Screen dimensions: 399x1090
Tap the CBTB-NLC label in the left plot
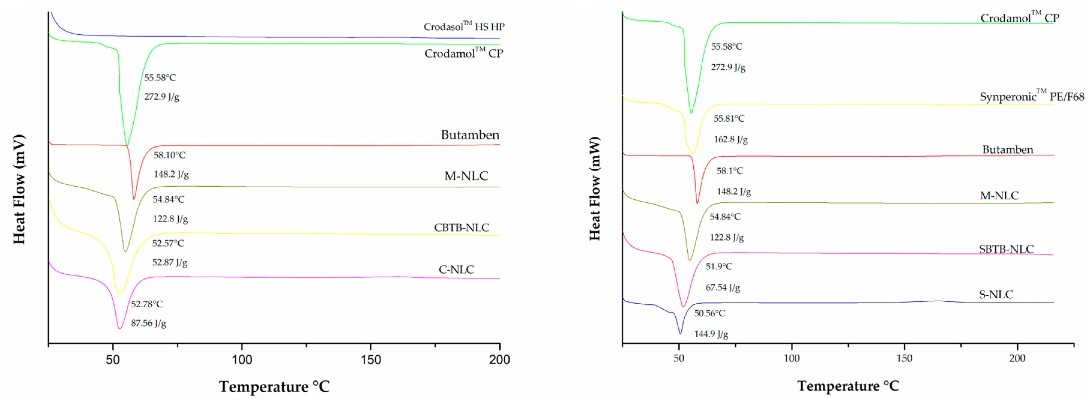tap(461, 227)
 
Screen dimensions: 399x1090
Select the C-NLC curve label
tap(456, 269)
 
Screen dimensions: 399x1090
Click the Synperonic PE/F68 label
tap(1032, 97)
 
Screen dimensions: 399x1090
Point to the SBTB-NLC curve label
tap(1006, 249)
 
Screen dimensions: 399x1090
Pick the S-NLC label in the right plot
tap(996, 294)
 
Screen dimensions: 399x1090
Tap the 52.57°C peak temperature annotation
tap(168, 243)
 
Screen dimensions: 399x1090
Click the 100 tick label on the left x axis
tap(242, 360)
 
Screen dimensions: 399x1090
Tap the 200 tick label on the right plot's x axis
tap(1017, 358)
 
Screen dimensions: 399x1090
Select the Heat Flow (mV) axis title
tap(19, 189)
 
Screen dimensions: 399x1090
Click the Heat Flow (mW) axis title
tap(595, 189)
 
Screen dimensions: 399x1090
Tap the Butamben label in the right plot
tap(1007, 149)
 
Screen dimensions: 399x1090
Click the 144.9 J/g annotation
tap(711, 334)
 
